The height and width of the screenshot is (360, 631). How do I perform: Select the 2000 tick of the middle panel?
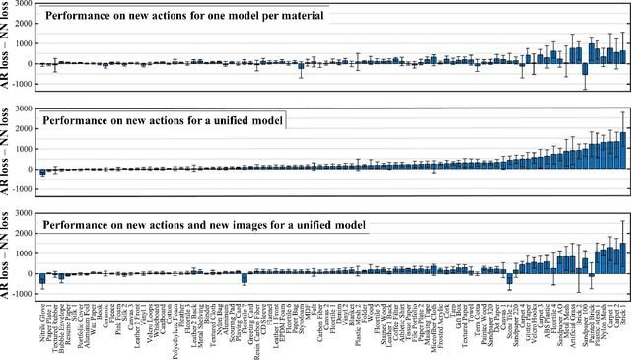click(19, 130)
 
